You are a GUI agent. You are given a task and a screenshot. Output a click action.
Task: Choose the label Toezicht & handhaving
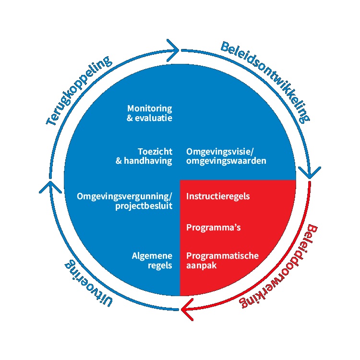[144, 156]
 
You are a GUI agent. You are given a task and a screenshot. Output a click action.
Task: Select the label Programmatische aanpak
[222, 260]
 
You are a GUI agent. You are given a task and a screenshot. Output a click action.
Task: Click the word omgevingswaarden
[226, 161]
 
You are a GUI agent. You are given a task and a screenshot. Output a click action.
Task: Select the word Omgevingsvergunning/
[124, 196]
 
